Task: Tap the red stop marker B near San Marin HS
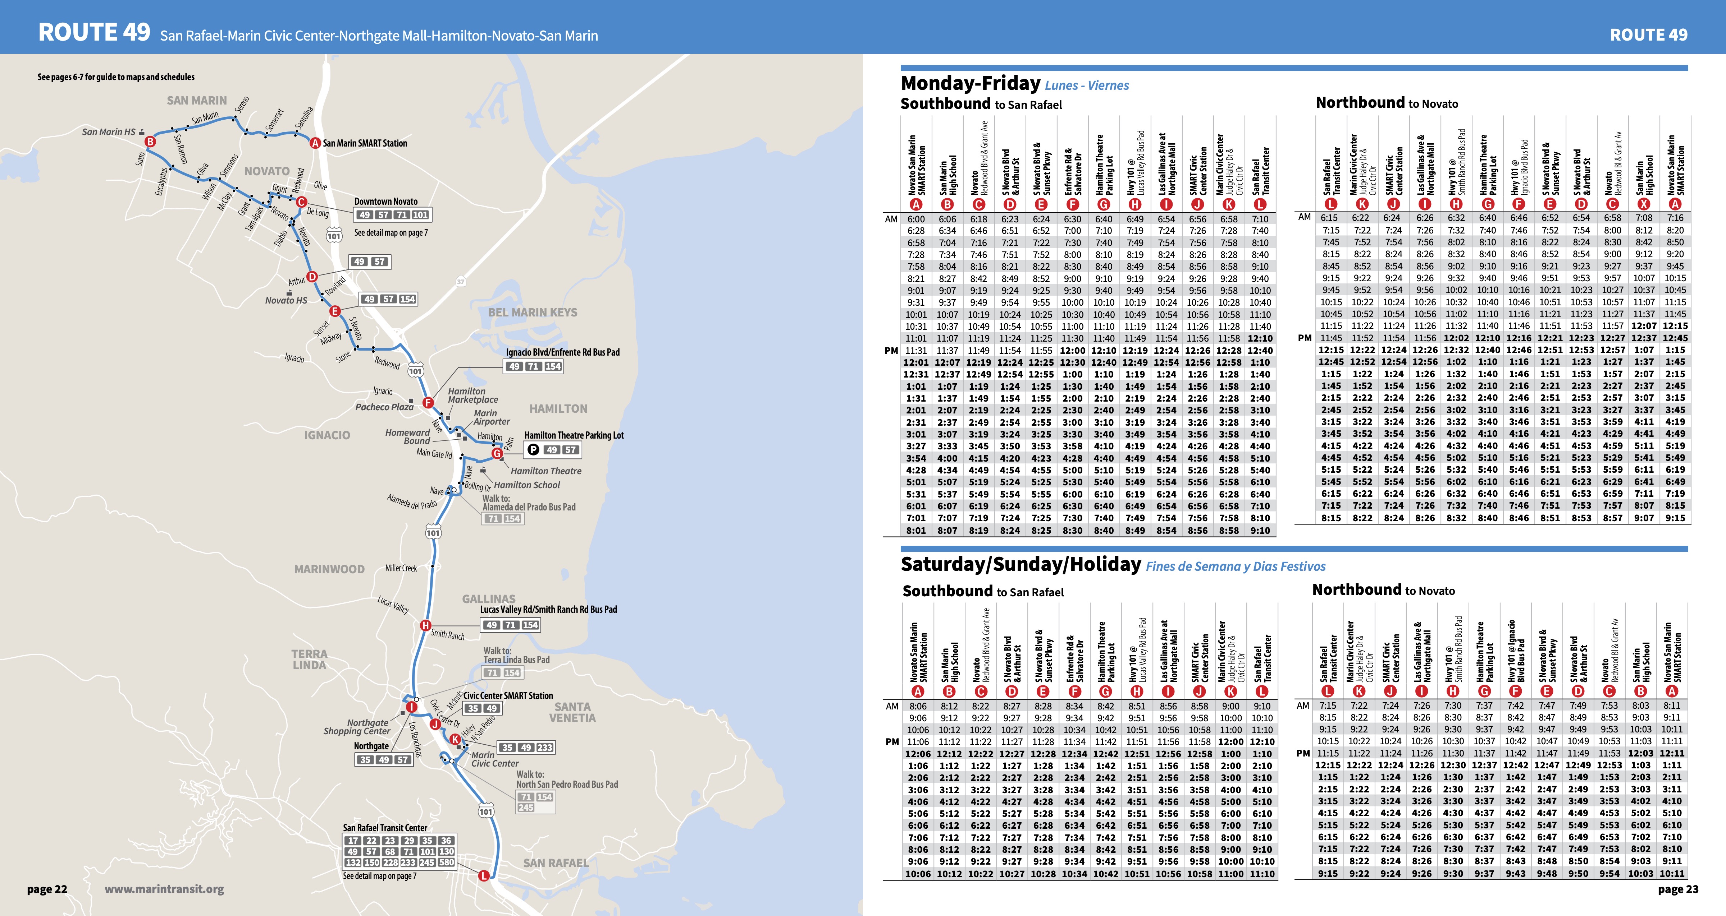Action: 150,141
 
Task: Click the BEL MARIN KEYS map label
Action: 532,312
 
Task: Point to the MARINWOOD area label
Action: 329,569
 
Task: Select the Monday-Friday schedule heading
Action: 970,84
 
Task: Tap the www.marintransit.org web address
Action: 164,889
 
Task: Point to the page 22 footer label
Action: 47,889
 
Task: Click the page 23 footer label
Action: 1678,889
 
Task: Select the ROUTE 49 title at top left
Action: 94,32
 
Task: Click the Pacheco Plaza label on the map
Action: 384,406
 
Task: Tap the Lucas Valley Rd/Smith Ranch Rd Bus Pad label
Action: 548,609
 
